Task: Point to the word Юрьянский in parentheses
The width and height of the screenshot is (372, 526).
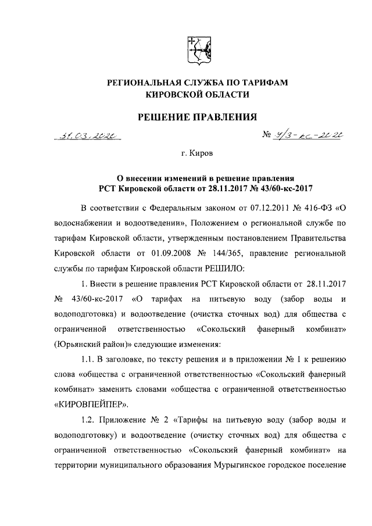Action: (76, 343)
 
